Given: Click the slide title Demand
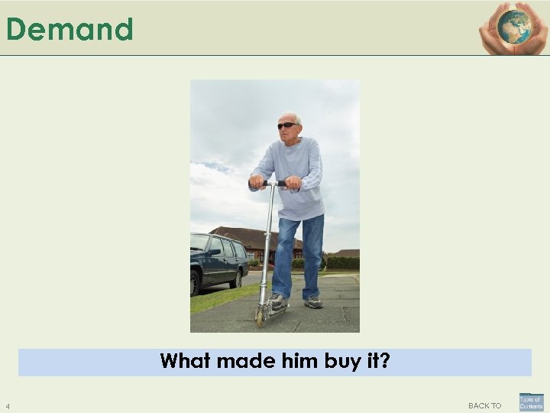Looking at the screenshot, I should click(70, 30).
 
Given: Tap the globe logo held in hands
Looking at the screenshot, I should click(513, 27).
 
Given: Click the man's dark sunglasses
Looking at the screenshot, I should click(287, 125).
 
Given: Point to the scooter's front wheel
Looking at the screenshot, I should click(260, 316).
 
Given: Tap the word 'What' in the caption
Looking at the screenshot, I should click(185, 360).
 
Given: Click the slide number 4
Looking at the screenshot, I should click(7, 405).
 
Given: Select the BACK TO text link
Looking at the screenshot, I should click(484, 405).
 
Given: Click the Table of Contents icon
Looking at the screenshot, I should click(531, 402).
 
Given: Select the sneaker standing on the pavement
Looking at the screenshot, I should click(313, 302).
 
